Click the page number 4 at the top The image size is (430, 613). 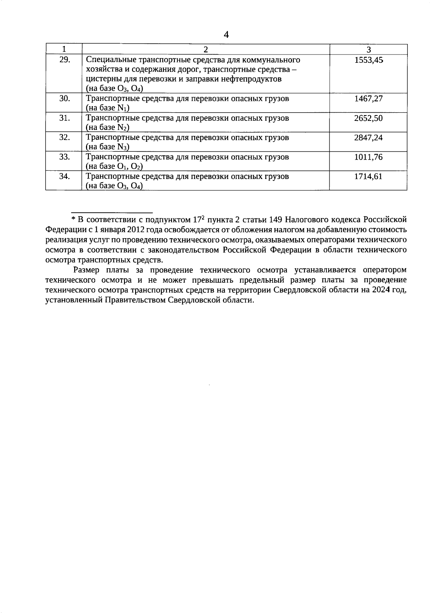coord(226,34)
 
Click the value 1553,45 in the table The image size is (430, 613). coord(368,60)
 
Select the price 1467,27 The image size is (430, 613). coord(368,99)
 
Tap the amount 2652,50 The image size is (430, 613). coord(368,118)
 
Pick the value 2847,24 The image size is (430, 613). coord(368,137)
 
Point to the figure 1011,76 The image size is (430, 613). coord(368,157)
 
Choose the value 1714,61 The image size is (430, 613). coord(368,176)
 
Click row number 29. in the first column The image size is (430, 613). coord(64,60)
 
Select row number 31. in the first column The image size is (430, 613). coord(64,118)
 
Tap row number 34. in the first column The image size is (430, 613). coord(64,176)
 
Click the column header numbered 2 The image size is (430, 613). coord(206,49)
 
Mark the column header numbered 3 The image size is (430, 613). coord(368,49)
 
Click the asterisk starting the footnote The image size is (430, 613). coord(73,219)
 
